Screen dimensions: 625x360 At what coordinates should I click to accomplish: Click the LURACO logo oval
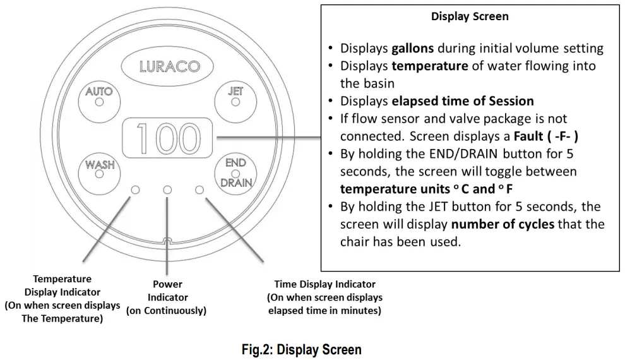(167, 66)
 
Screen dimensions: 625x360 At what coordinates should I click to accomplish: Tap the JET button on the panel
(235, 101)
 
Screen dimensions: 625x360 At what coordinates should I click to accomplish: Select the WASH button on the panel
(99, 174)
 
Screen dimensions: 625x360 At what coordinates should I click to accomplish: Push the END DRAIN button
(235, 174)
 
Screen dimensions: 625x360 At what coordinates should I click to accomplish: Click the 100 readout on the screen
(167, 138)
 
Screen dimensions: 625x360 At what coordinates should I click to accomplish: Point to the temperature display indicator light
(136, 189)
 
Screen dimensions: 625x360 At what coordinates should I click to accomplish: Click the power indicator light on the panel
(167, 189)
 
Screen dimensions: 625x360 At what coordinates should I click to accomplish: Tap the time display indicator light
(199, 189)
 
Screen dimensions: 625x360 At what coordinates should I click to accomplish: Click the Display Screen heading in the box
(470, 16)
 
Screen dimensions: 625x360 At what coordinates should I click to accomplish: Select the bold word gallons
(412, 48)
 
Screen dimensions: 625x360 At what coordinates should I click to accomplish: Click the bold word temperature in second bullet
(430, 66)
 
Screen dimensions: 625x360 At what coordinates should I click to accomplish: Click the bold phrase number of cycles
(503, 224)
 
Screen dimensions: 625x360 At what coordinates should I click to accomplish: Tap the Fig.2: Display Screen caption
(301, 350)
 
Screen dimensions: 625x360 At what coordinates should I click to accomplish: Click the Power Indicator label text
(167, 297)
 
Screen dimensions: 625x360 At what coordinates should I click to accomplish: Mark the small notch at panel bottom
(167, 241)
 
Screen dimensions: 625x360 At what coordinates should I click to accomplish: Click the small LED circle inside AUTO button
(99, 102)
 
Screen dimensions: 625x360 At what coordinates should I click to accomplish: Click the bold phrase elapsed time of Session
(463, 101)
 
